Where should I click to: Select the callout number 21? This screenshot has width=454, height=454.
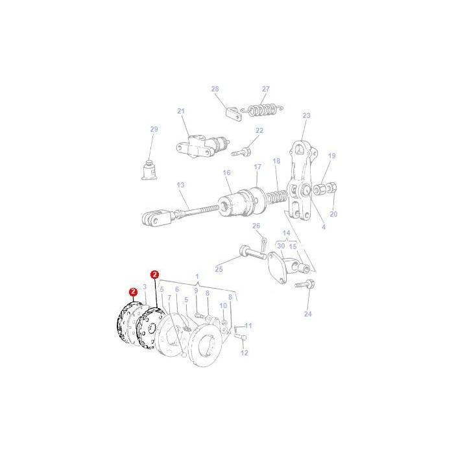click(181, 111)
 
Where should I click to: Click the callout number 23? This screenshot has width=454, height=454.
click(306, 115)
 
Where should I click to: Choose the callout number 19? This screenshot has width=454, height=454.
click(331, 156)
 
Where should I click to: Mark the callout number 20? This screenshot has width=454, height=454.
click(333, 214)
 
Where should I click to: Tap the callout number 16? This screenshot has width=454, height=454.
click(226, 173)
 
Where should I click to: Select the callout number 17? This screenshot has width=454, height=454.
click(257, 167)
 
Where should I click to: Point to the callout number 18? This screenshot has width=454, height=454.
click(276, 161)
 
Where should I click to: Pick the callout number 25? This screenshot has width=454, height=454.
click(219, 269)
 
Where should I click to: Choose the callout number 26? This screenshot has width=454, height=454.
click(256, 226)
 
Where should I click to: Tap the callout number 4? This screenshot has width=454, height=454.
click(324, 227)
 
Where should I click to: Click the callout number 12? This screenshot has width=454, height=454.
click(245, 353)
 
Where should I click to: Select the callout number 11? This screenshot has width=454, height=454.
click(248, 325)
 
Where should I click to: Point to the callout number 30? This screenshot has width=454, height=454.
click(281, 246)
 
